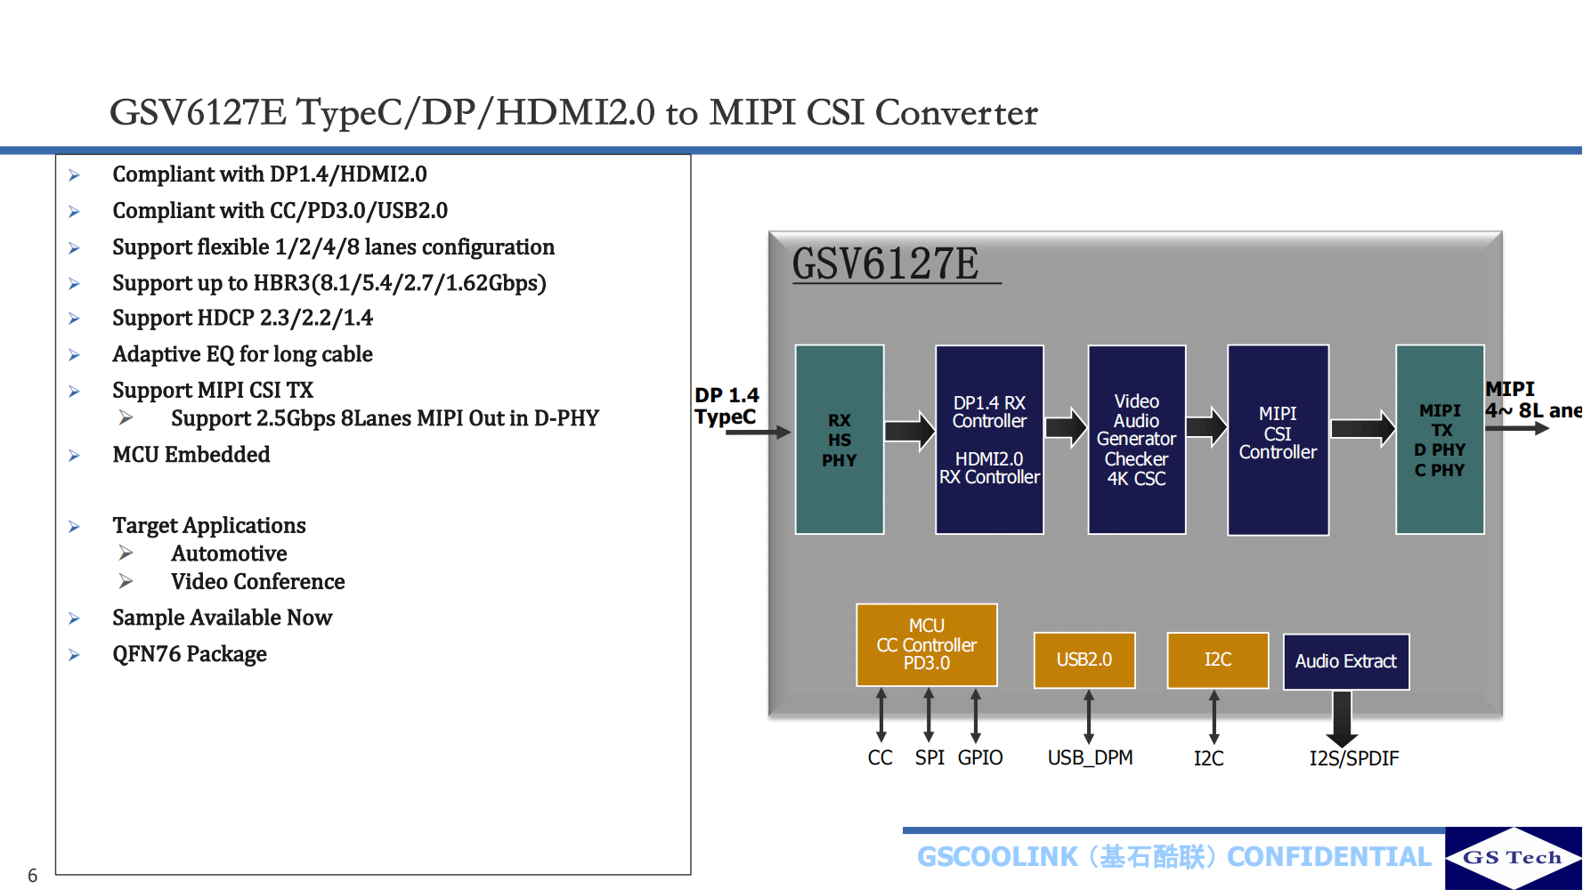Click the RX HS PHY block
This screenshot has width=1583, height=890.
[x=839, y=440]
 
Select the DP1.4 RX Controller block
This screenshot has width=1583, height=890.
[x=989, y=440]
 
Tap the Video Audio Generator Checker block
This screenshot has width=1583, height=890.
[x=1136, y=440]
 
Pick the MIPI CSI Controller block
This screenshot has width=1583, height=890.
[x=1278, y=440]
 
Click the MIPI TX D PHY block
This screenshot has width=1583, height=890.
[x=1440, y=440]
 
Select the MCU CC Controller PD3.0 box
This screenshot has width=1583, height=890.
[x=926, y=645]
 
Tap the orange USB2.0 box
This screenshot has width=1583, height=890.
[x=1084, y=660]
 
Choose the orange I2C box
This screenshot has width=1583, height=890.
[x=1217, y=660]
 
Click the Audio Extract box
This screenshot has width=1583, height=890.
[x=1345, y=661]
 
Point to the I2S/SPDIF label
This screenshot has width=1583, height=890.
[x=1353, y=758]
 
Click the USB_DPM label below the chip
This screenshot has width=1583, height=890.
[x=1090, y=757]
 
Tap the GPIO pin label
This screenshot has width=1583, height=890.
[x=980, y=757]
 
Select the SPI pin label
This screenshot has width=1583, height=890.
[x=930, y=757]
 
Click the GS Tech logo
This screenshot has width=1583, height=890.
[x=1513, y=858]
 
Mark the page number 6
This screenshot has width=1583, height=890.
[x=33, y=876]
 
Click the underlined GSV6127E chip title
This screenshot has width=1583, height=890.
[x=886, y=264]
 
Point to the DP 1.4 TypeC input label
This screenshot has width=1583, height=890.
[x=726, y=406]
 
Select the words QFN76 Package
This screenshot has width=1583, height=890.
[x=190, y=654]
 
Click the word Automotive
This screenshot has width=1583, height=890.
[x=229, y=554]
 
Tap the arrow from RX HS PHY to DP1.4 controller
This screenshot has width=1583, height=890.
[x=909, y=432]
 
